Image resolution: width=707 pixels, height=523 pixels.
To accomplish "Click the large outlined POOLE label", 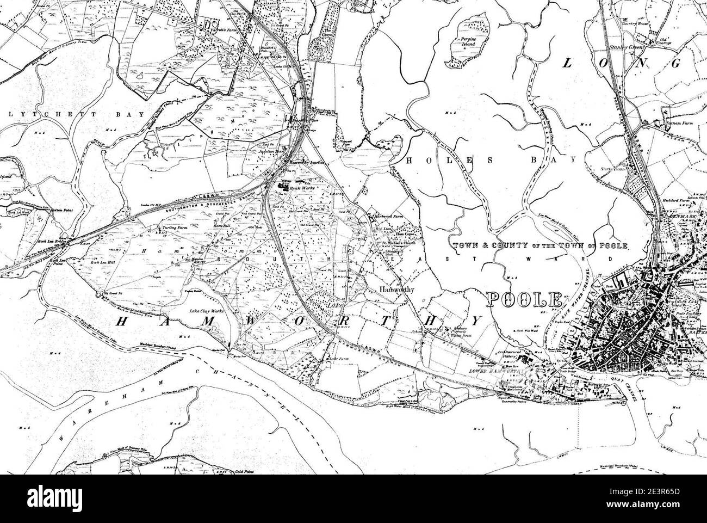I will [524, 299].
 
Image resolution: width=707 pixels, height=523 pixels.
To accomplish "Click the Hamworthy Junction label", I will [308, 162].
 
